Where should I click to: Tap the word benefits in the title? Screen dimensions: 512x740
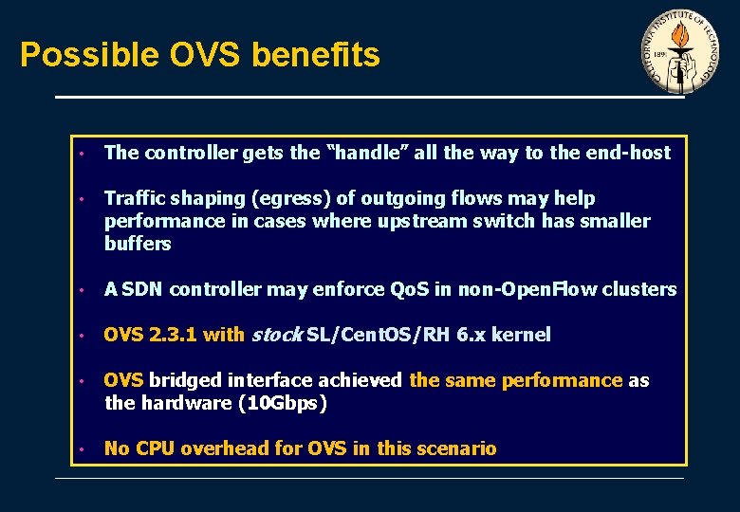point(316,55)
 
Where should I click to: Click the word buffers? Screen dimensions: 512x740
point(138,244)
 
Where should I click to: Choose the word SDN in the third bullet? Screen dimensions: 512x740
point(142,289)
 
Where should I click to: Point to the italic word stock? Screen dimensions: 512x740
point(276,335)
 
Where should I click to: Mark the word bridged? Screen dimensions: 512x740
point(181,380)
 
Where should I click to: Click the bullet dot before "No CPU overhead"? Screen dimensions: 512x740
point(83,448)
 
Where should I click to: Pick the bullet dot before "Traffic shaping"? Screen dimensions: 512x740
point(83,199)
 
